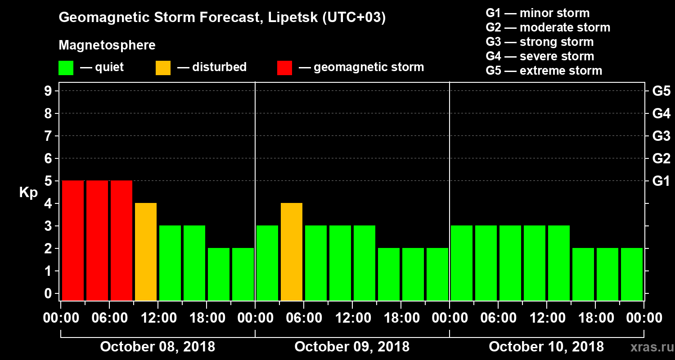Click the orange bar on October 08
point(146,252)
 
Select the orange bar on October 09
point(292,252)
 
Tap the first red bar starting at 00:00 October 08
point(73,240)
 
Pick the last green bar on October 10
point(632,274)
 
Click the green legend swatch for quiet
point(66,68)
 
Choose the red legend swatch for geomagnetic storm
point(284,68)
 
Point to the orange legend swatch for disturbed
point(163,68)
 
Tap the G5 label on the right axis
point(661,91)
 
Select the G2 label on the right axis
point(661,159)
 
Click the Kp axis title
point(28,193)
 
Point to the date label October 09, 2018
point(352,346)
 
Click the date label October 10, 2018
point(546,346)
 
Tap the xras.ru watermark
point(648,347)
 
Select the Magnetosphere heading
point(107,45)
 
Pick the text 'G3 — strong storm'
point(540,42)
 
